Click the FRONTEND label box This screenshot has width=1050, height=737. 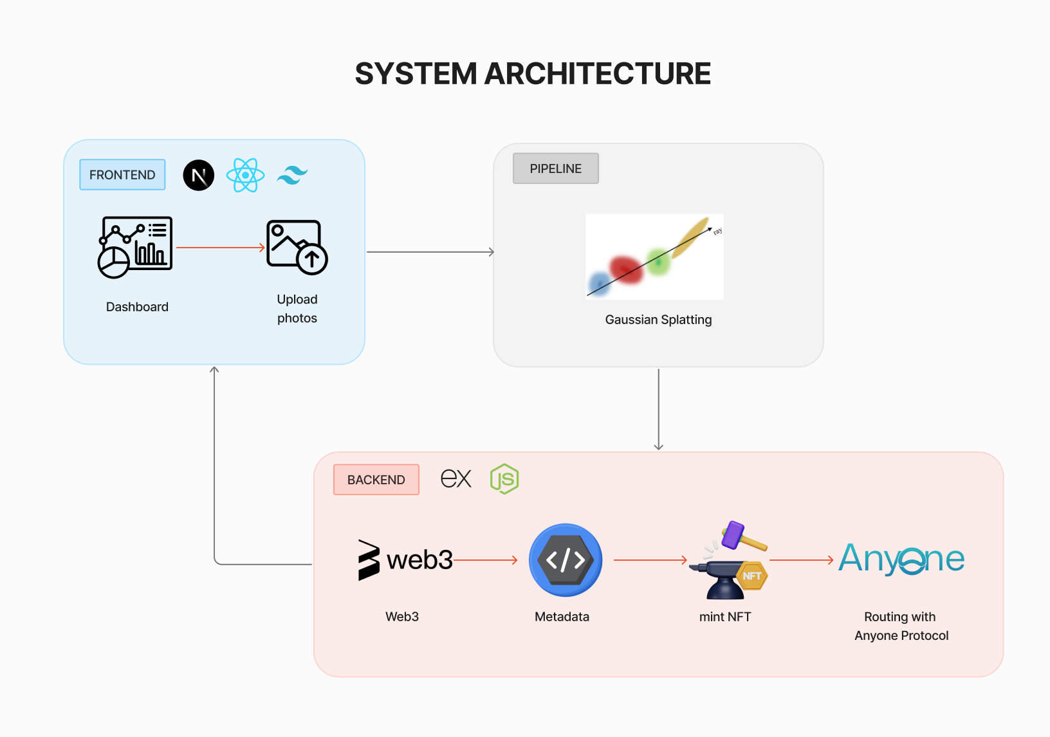[x=122, y=175]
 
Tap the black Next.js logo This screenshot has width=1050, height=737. [x=199, y=175]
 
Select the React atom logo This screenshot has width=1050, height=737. [x=245, y=175]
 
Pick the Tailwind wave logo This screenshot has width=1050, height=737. [x=292, y=175]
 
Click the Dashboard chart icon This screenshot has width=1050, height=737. [x=135, y=247]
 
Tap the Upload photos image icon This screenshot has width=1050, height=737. [x=297, y=247]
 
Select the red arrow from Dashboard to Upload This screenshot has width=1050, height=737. [x=220, y=248]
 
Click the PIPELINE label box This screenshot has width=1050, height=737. [x=555, y=168]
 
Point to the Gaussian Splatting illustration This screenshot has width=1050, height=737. [x=654, y=256]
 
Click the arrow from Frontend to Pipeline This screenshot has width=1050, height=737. [x=430, y=252]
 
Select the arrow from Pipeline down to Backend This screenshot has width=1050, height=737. [x=658, y=409]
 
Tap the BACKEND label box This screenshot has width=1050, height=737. [x=376, y=480]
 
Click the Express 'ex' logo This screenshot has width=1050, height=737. [x=456, y=479]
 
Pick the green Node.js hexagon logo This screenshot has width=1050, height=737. [x=504, y=479]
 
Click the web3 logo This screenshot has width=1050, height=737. [x=405, y=560]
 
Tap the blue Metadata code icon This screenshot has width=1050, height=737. [x=566, y=560]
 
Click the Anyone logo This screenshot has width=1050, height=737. [x=901, y=560]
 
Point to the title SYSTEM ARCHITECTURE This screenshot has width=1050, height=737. [x=533, y=74]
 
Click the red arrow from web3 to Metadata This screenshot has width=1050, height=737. [x=485, y=560]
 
